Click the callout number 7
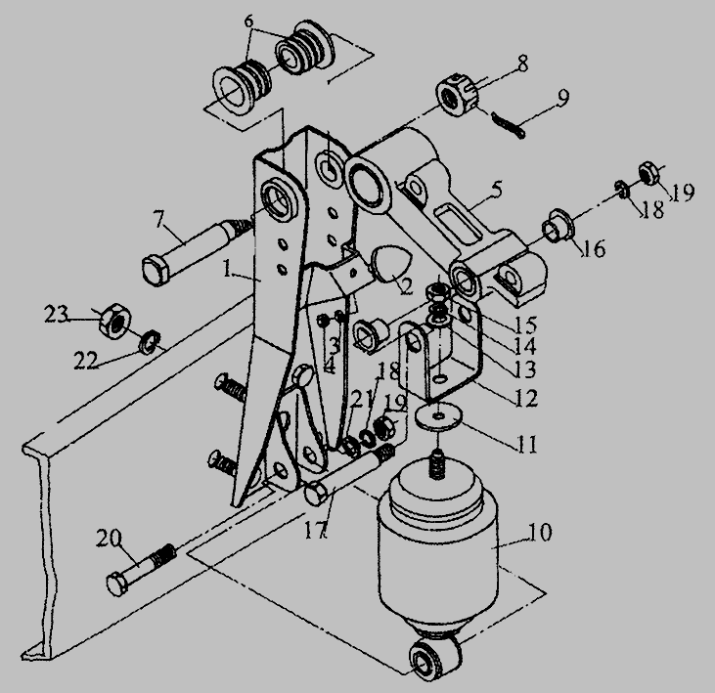(x=158, y=220)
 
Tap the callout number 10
(x=539, y=532)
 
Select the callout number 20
(x=109, y=539)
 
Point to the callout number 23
(x=56, y=315)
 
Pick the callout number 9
(x=562, y=97)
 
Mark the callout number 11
(x=526, y=444)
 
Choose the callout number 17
(x=316, y=530)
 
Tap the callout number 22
(x=86, y=361)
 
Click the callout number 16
(x=595, y=249)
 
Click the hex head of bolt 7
(x=156, y=271)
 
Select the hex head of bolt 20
(x=117, y=585)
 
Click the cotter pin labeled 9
(x=509, y=125)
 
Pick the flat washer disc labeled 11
(x=438, y=417)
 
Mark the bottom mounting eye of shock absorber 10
(x=434, y=660)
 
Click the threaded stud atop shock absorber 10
(x=437, y=463)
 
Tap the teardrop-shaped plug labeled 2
(x=391, y=263)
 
